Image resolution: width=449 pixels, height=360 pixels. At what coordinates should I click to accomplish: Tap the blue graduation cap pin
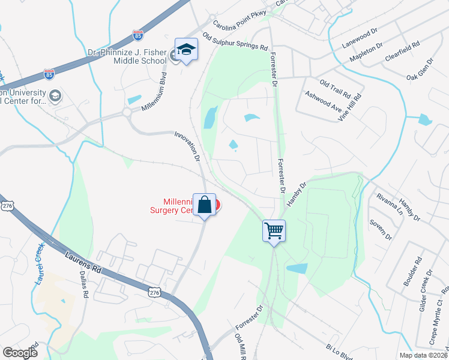[186, 50]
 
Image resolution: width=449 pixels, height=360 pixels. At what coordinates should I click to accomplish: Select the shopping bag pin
[204, 205]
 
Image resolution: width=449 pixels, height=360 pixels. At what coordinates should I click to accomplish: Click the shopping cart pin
[274, 230]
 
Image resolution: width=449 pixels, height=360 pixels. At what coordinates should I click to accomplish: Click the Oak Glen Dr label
[420, 69]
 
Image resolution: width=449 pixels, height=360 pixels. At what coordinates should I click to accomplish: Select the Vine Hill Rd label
[351, 107]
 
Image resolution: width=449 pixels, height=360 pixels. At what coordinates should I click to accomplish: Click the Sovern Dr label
[381, 230]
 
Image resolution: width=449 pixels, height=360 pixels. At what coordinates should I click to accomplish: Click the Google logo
[20, 352]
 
